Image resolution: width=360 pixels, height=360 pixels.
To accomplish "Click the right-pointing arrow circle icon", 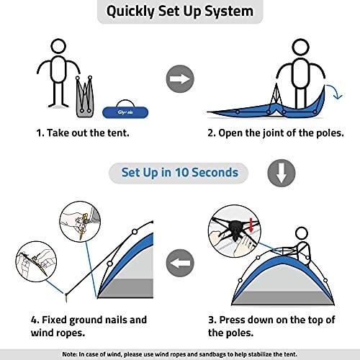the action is click(x=180, y=79).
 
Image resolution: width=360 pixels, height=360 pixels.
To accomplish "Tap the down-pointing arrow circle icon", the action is click(x=282, y=173).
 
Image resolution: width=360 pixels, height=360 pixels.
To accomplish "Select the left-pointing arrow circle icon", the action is click(x=180, y=263).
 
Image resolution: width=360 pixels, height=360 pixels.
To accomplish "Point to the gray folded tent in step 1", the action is click(x=85, y=97).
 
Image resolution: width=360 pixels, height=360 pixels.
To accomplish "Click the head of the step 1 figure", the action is click(x=58, y=47).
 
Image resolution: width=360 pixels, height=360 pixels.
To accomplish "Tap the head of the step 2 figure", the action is click(x=300, y=47).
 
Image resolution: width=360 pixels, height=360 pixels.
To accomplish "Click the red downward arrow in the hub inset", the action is click(x=251, y=225).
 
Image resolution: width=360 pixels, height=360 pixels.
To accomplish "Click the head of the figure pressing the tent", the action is click(x=302, y=233).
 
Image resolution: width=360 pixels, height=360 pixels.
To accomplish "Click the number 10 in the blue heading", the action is click(x=182, y=172).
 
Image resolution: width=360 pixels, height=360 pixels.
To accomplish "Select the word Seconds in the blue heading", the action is click(x=215, y=172).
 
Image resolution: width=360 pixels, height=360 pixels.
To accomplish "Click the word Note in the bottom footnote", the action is click(x=70, y=354).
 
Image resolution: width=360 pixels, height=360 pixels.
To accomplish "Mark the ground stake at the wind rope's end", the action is click(x=66, y=297).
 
